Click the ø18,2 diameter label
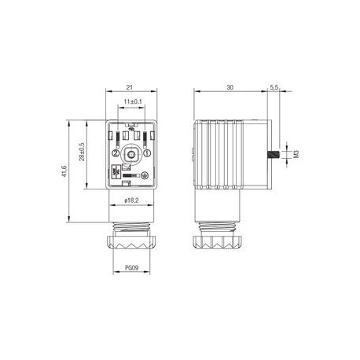click(131, 200)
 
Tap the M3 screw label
click(296, 155)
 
